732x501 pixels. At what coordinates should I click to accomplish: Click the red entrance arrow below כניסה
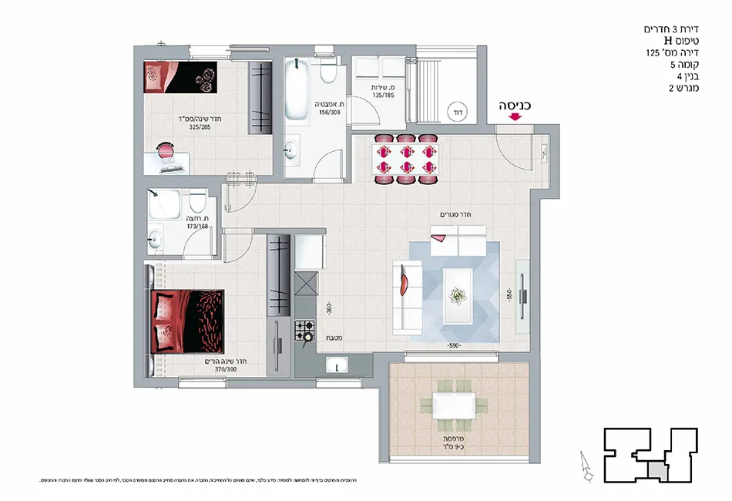(515, 117)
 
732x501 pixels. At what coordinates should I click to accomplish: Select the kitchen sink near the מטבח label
(338, 368)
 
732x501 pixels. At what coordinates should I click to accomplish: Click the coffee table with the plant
(458, 294)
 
